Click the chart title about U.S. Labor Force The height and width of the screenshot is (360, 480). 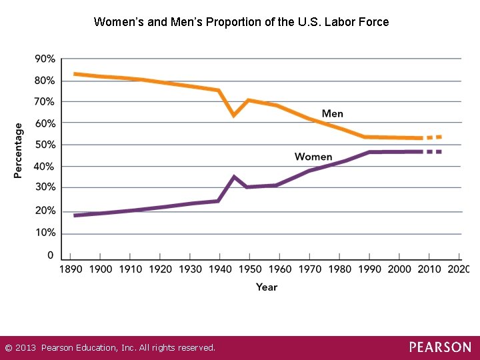click(x=241, y=22)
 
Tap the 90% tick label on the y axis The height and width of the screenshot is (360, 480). click(x=45, y=59)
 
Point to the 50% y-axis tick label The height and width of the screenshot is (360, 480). click(x=45, y=145)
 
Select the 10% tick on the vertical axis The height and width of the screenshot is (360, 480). click(x=45, y=233)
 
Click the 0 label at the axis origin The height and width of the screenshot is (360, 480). click(x=51, y=255)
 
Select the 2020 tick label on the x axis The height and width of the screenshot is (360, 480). click(x=458, y=269)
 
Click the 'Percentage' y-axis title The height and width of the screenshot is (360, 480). click(x=19, y=150)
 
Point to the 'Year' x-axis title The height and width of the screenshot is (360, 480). click(x=266, y=287)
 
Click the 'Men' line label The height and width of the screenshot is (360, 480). click(x=332, y=113)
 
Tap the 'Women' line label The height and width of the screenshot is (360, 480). click(x=313, y=157)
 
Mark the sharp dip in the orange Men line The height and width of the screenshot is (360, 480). click(x=233, y=115)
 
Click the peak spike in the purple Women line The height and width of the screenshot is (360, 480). click(x=233, y=177)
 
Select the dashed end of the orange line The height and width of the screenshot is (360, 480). click(x=434, y=137)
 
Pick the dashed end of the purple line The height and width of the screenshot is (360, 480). click(x=434, y=152)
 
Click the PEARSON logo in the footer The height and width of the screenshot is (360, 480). click(x=439, y=347)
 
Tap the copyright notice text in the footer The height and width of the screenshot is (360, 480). click(x=110, y=348)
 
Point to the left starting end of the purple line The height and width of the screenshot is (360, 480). click(x=75, y=215)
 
